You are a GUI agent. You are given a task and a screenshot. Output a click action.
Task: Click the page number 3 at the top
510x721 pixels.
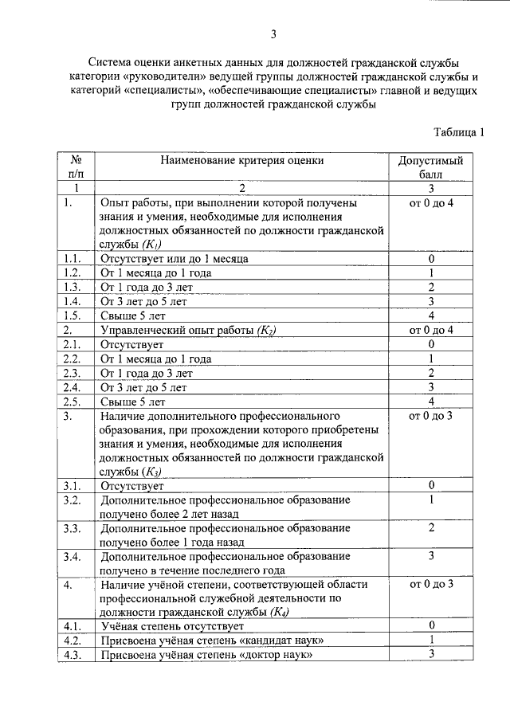(x=273, y=33)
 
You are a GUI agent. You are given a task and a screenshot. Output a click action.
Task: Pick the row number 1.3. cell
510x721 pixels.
(x=73, y=287)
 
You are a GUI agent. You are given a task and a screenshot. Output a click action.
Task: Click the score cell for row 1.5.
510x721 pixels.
(x=430, y=315)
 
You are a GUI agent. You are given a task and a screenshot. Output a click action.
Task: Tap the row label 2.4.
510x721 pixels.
(x=73, y=387)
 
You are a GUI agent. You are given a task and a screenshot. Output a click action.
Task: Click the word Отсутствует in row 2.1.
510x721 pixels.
(x=131, y=344)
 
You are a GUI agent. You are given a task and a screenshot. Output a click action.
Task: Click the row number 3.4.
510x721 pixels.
(x=73, y=555)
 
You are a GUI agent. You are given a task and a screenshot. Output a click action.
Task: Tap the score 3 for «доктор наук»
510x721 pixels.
(x=430, y=655)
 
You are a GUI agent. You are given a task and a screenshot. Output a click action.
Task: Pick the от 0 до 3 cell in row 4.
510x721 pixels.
(x=430, y=585)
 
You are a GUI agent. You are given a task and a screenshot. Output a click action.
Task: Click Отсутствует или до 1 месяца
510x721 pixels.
(x=175, y=259)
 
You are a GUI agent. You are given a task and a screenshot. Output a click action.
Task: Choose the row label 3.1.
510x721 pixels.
(x=73, y=485)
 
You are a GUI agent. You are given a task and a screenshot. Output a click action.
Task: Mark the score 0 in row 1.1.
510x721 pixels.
(x=430, y=259)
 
